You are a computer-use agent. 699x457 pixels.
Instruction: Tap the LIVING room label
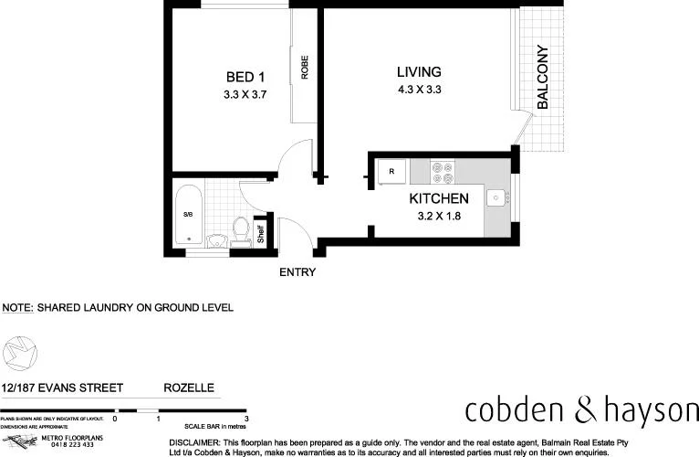[419, 72]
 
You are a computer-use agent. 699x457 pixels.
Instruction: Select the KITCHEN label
[439, 198]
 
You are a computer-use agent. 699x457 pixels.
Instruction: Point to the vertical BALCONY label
[542, 78]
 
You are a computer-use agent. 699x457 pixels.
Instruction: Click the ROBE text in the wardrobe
[304, 69]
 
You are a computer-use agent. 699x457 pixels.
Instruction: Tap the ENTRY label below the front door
[297, 271]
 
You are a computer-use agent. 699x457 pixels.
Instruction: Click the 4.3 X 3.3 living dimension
[419, 90]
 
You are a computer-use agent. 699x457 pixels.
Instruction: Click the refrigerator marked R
[391, 171]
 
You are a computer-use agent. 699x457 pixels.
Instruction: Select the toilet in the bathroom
[242, 229]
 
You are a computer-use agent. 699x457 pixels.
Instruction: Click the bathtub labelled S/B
[188, 216]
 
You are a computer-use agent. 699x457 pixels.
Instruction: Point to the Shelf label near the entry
[259, 233]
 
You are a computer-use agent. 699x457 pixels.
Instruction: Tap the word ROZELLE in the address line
[189, 388]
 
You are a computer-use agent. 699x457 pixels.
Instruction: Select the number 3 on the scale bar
[246, 418]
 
